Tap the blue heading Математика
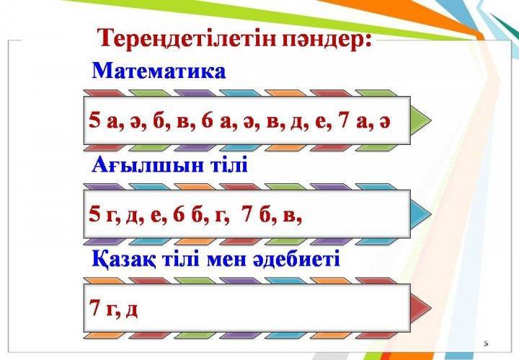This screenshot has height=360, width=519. click(159, 71)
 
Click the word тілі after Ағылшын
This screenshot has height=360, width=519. click(229, 164)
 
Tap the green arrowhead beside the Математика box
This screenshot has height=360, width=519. click(421, 120)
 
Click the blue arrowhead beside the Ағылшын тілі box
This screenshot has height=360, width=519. click(421, 214)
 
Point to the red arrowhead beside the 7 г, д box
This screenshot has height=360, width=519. click(421, 307)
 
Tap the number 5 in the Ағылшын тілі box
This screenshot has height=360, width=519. click(94, 214)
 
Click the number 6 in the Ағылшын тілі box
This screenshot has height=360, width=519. click(179, 214)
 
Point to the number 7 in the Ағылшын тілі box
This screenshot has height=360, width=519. click(247, 214)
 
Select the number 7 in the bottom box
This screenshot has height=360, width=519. click(95, 307)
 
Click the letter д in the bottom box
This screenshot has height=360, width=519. click(132, 310)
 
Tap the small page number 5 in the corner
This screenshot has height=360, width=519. click(486, 343)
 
